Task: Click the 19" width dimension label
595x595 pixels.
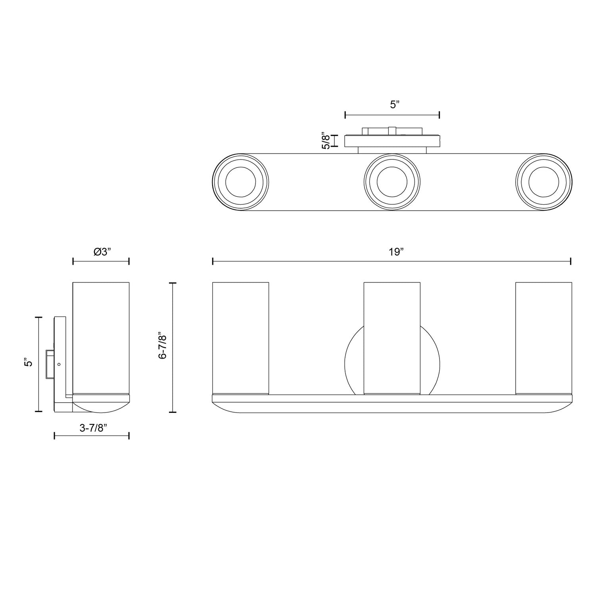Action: [x=396, y=252]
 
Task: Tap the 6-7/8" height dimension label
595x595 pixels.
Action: [x=163, y=345]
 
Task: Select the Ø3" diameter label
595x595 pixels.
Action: [x=102, y=252]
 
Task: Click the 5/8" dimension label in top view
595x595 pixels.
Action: [x=326, y=140]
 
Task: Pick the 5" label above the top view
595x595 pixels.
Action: [x=394, y=105]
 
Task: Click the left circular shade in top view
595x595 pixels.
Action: [x=241, y=182]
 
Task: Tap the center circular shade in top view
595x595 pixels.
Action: [x=392, y=182]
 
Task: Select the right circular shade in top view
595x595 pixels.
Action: [x=543, y=182]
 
